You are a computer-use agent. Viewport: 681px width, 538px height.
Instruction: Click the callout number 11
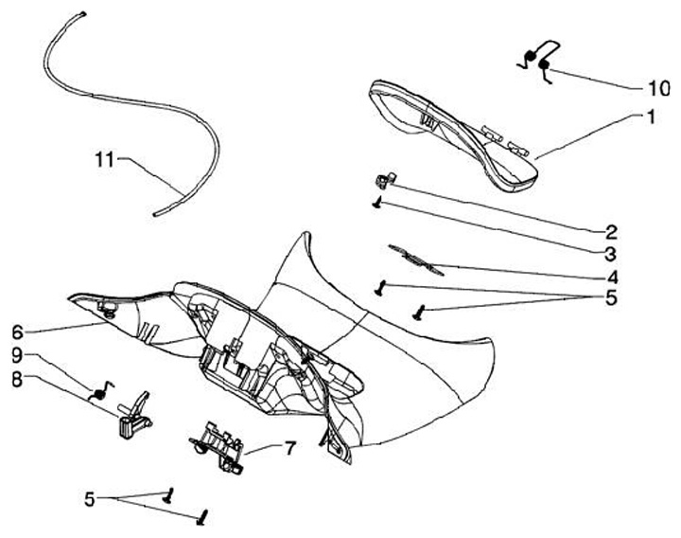pyautogui.click(x=104, y=159)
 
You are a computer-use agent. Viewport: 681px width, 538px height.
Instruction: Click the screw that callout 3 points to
pyautogui.click(x=377, y=202)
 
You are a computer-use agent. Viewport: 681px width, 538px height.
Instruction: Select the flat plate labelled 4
pyautogui.click(x=416, y=257)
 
